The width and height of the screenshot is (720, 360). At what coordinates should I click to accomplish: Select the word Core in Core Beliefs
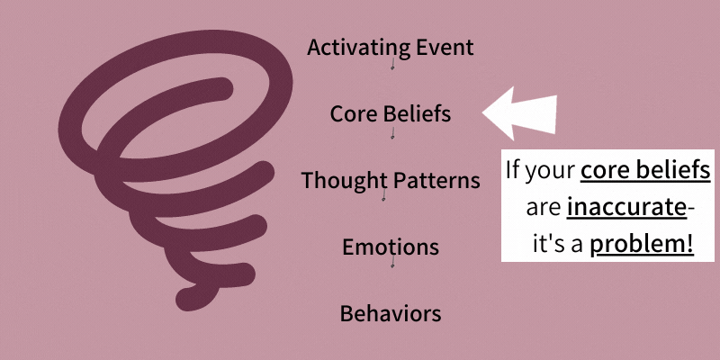click(348, 113)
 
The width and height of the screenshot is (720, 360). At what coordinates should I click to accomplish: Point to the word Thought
click(343, 181)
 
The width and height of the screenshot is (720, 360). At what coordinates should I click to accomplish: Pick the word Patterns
click(435, 180)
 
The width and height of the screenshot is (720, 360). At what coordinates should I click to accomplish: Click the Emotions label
click(391, 247)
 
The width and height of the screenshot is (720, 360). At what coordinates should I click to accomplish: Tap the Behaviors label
click(391, 313)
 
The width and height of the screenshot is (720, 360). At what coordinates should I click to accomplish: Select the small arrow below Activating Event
click(392, 63)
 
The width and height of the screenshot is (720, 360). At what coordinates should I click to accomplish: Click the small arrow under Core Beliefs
click(392, 131)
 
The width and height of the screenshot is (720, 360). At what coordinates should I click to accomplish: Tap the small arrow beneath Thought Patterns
click(384, 194)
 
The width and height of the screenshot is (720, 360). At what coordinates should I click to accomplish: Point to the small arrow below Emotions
click(392, 261)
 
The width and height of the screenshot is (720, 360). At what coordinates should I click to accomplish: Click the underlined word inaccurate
click(626, 208)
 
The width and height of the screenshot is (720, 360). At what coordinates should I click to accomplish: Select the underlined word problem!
click(642, 245)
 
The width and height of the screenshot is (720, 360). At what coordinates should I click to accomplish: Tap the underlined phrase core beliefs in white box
click(645, 170)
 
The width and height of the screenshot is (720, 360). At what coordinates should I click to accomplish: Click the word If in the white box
click(512, 170)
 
